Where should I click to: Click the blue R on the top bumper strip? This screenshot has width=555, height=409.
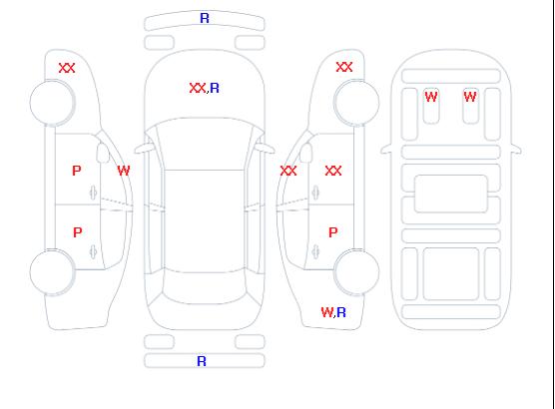click(x=205, y=18)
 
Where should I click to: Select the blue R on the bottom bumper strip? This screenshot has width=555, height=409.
click(x=202, y=361)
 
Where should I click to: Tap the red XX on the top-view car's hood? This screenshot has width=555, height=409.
click(x=198, y=88)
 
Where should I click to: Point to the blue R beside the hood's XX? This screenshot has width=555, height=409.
click(x=215, y=88)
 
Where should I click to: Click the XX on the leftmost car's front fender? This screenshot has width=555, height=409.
click(x=67, y=68)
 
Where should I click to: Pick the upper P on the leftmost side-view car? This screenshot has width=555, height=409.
click(x=77, y=171)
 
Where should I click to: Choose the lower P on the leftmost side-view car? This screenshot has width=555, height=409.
click(x=78, y=232)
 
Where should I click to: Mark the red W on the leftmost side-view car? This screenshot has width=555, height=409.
click(x=124, y=171)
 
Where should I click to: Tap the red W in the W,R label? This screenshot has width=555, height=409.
click(x=327, y=312)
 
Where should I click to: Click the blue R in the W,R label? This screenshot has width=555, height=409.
click(x=341, y=312)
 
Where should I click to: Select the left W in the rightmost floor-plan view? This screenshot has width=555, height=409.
click(x=431, y=97)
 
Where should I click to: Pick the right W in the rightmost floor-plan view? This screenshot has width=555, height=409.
click(x=470, y=97)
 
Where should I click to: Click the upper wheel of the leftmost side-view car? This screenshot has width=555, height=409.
click(x=52, y=103)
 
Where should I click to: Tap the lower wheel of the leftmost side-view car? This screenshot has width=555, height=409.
click(x=52, y=272)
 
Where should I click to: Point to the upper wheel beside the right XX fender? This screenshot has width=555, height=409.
click(x=356, y=103)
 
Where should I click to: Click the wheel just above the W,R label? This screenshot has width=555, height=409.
click(x=356, y=271)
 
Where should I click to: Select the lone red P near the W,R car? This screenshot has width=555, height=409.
click(x=333, y=232)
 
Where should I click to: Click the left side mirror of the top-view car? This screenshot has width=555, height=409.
click(x=143, y=149)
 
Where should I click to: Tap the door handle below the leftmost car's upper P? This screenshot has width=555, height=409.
click(x=93, y=193)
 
